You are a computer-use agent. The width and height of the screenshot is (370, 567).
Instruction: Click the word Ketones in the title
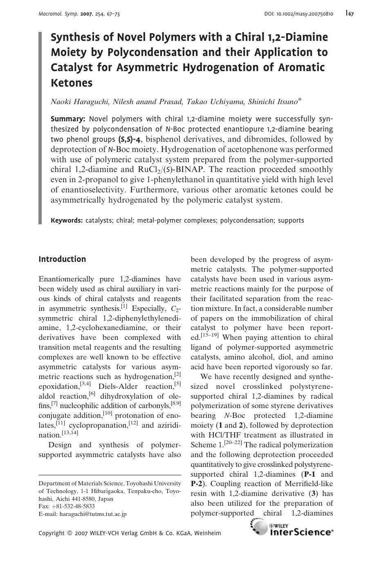(x=72, y=83)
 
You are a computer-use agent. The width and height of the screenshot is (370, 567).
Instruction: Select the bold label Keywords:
(x=67, y=221)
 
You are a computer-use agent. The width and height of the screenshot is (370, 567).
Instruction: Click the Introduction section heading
(x=62, y=259)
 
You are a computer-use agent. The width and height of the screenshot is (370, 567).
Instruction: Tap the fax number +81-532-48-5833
(x=73, y=506)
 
